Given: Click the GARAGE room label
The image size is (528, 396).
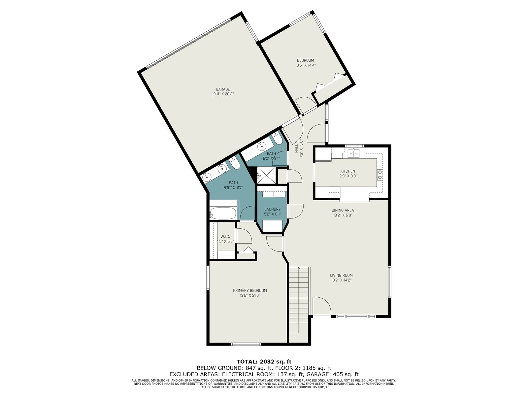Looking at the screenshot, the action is [x=223, y=89].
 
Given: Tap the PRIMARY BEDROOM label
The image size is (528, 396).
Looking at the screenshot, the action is [x=250, y=290].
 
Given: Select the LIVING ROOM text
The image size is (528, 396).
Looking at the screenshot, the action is [x=341, y=275].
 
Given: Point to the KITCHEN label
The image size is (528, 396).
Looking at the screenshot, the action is [x=347, y=171].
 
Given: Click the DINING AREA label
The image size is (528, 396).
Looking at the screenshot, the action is [x=343, y=211].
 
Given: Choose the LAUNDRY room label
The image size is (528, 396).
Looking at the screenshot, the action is [x=273, y=209].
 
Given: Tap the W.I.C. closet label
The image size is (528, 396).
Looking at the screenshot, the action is [x=225, y=237].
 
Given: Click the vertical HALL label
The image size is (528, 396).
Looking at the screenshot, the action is [x=297, y=148].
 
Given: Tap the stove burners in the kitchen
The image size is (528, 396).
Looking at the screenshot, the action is [x=380, y=175].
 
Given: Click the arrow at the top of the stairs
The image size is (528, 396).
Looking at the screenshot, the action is [x=299, y=268].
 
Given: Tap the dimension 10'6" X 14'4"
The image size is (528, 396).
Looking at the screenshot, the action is [x=305, y=65].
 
